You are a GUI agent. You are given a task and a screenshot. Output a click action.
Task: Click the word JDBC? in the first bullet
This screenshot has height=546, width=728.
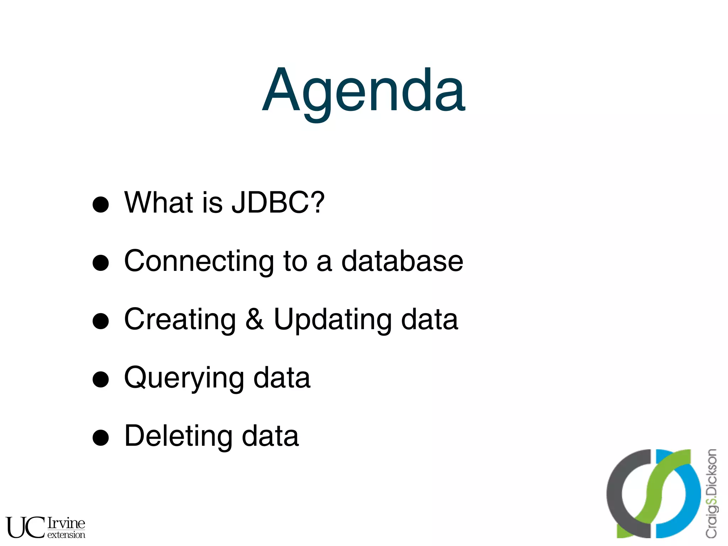pos(278,203)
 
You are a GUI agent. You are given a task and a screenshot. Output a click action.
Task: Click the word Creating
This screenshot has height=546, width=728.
pos(180,320)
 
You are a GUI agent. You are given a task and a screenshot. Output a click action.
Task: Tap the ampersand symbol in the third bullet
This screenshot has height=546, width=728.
pos(255,320)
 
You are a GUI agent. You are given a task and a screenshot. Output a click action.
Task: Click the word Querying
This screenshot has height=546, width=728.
pos(184,379)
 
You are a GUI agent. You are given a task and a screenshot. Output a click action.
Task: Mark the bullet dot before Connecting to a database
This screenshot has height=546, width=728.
pos(101,263)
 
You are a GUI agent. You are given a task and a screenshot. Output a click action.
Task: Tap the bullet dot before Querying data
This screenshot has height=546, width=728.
pos(101,379)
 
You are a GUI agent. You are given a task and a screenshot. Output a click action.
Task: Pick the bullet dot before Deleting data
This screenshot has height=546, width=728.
pos(101,438)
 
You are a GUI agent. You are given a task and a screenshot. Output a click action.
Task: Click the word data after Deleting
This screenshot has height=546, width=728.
pos(270,436)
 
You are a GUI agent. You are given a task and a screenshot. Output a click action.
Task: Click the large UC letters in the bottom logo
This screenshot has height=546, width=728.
pos(25,528)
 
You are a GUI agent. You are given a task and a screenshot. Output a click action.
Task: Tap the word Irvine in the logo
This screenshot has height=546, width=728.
pos(66,523)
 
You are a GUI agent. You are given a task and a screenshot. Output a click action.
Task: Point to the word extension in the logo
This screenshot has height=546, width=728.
pos(66,535)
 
